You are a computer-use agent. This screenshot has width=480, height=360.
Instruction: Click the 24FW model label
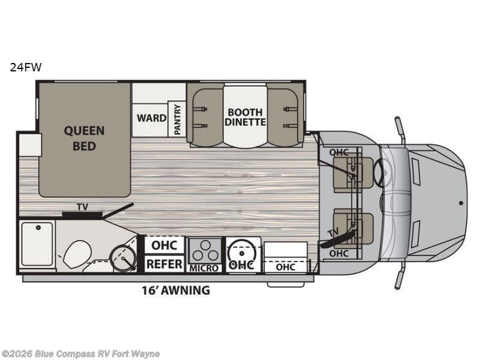(25, 67)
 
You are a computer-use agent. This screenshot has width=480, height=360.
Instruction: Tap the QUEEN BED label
(84, 139)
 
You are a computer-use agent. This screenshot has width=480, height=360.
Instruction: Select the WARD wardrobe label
(152, 118)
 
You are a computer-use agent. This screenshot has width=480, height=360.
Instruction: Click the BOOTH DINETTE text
(245, 117)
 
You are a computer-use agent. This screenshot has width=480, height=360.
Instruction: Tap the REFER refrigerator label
(164, 264)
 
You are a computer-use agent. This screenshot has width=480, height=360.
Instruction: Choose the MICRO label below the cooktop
(204, 268)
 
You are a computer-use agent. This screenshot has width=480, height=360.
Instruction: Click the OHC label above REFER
(164, 245)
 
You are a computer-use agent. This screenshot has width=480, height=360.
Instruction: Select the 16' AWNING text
(176, 290)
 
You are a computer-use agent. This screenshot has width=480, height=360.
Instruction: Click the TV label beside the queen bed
(82, 207)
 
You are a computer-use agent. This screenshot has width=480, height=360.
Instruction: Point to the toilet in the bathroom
(77, 253)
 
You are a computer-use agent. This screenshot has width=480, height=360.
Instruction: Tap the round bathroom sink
(123, 258)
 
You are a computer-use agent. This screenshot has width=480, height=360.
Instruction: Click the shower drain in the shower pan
(38, 228)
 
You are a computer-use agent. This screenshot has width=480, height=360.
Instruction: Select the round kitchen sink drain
(242, 253)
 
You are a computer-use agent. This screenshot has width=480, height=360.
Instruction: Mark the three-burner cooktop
(205, 251)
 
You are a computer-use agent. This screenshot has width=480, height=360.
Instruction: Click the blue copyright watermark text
(80, 354)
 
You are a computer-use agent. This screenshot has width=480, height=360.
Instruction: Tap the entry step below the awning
(286, 284)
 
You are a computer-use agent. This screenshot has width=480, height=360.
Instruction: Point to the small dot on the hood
(461, 203)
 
